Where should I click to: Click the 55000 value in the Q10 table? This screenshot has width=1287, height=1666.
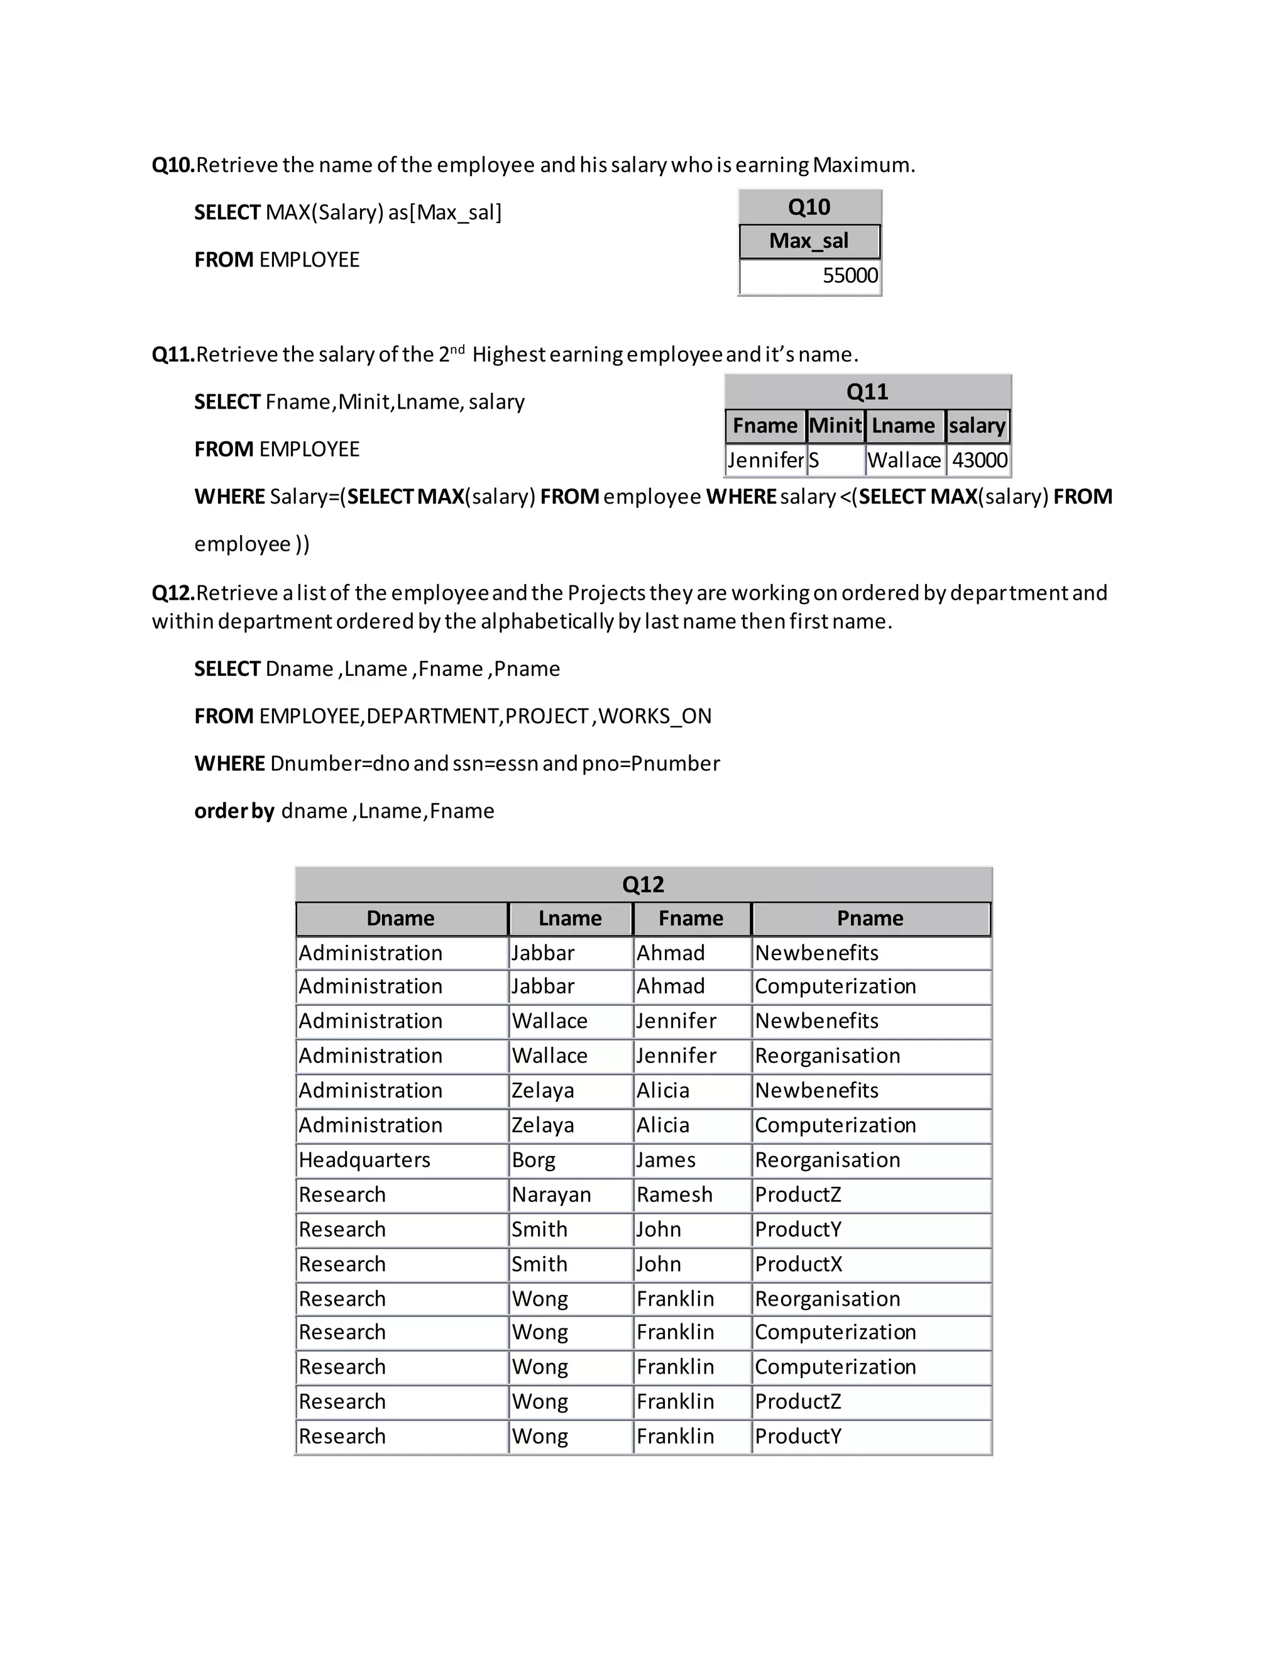point(850,275)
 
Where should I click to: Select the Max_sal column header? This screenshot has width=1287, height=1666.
point(808,241)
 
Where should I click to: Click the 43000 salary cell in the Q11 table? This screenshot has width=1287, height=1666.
point(979,460)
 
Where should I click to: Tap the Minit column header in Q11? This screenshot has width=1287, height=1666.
point(835,426)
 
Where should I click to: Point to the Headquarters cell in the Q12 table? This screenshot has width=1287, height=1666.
point(364,1161)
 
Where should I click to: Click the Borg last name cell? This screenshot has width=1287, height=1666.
point(533,1161)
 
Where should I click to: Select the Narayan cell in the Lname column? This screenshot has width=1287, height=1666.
point(550,1194)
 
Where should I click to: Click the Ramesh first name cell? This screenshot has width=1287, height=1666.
point(674,1194)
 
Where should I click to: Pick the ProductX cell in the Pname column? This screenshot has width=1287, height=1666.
point(798,1264)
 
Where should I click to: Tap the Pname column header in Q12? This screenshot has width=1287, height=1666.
point(870,919)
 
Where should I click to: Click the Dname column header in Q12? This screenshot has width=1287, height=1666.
point(400,919)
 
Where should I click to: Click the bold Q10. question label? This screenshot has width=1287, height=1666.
point(173,165)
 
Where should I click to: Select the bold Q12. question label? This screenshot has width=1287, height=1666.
point(173,593)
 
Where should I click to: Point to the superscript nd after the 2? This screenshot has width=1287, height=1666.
point(457,350)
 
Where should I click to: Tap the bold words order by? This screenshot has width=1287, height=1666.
point(234,811)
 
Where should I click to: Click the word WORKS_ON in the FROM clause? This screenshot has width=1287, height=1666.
point(655,716)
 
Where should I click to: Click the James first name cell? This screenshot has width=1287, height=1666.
point(665,1161)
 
